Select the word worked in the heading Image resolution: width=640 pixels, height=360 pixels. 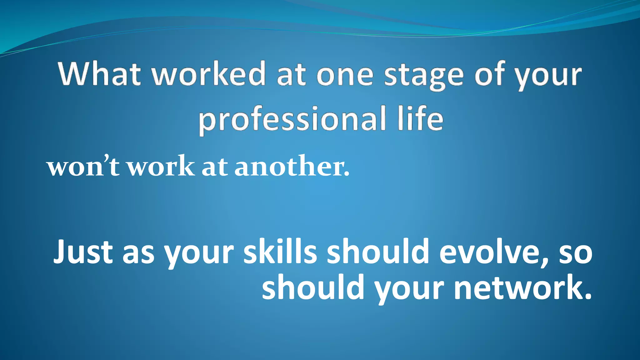point(208,74)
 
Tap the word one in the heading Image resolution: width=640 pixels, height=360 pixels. point(345,75)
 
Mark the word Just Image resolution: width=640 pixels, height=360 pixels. point(83,252)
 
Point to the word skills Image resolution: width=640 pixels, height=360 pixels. point(280,252)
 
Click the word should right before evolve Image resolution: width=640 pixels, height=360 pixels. point(378,252)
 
